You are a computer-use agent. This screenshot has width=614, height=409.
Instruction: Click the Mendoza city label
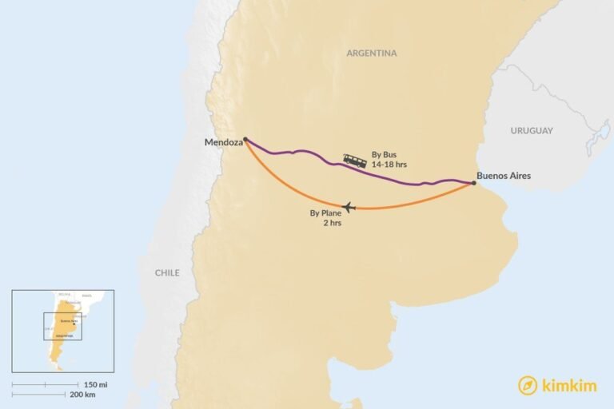223,143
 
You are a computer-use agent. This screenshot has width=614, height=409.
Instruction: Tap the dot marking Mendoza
245,139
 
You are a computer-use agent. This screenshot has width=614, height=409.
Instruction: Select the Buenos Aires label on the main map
503,176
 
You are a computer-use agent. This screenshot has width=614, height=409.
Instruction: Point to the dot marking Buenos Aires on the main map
473,184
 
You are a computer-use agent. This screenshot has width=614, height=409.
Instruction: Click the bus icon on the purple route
355,161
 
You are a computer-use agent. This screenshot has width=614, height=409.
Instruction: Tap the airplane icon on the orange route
348,208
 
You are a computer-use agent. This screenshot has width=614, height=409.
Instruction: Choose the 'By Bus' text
384,154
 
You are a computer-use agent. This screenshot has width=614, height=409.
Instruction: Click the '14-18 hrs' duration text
389,165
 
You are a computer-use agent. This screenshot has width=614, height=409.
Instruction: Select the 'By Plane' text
325,213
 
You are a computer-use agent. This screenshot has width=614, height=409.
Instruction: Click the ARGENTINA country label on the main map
371,54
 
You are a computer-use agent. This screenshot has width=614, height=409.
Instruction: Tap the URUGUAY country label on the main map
532,130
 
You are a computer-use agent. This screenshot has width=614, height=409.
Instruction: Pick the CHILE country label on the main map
167,272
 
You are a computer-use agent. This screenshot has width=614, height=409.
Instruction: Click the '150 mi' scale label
95,383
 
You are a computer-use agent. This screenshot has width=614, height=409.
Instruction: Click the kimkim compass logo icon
528,385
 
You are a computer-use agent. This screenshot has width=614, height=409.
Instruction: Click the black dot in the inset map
74,324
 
